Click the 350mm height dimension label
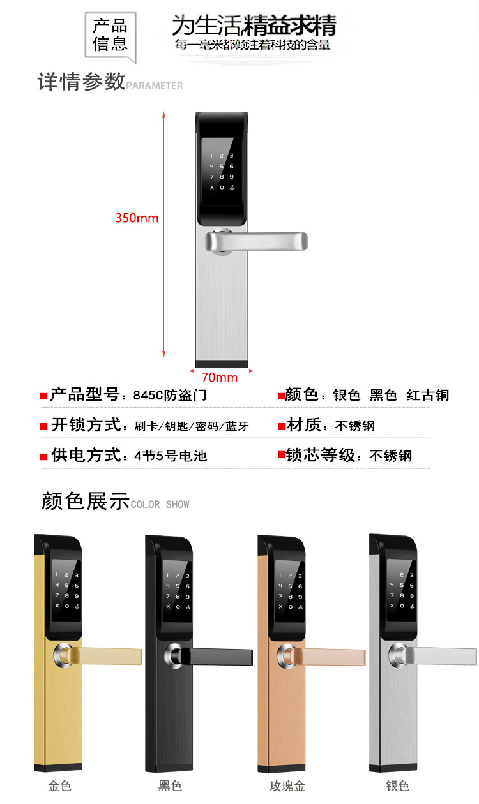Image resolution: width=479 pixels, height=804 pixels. point(137,218)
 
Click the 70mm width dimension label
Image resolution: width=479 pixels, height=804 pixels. point(219,377)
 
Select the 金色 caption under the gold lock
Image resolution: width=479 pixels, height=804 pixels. point(59,785)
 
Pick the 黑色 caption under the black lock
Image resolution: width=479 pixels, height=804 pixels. point(170,785)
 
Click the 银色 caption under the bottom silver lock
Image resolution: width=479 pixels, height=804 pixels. point(397,785)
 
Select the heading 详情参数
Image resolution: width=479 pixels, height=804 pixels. point(81,82)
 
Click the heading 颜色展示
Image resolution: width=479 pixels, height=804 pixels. point(85,501)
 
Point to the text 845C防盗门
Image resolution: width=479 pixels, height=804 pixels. point(169,396)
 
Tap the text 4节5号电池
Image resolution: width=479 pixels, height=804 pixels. point(171,456)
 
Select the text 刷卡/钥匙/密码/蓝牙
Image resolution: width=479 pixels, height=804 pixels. point(192,426)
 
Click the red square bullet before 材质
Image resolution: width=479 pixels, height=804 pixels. point(281,426)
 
